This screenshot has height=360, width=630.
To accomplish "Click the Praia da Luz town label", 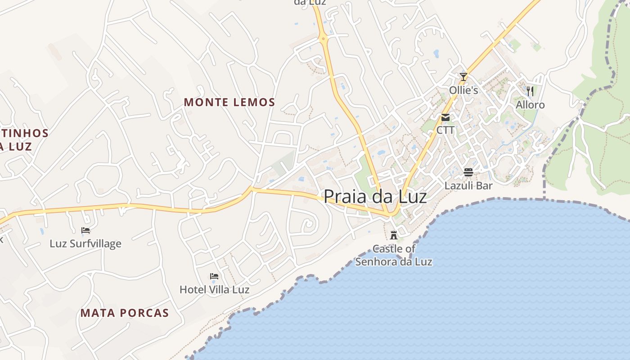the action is click(375, 196).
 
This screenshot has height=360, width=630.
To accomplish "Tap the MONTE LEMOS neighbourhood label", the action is click(229, 103).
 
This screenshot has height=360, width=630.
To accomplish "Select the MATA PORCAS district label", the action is click(125, 313).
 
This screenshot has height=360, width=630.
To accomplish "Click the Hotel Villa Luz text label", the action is click(214, 289).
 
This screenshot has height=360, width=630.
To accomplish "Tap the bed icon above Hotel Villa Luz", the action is click(214, 276).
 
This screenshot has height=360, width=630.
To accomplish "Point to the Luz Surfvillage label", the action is click(85, 244).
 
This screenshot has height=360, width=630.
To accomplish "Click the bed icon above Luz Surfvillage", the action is click(85, 230).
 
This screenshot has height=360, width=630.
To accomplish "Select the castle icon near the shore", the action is click(394, 235).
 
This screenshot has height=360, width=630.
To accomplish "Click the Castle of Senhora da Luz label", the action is click(394, 255).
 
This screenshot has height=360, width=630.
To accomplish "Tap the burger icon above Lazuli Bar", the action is click(468, 172).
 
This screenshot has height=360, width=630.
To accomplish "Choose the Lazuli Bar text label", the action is click(468, 185).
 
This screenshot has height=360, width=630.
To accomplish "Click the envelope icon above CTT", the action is click(445, 117).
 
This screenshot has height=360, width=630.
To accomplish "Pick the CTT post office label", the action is click(445, 130).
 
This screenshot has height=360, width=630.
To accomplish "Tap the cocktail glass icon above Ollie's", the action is click(463, 77).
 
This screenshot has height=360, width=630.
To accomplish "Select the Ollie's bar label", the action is click(463, 90).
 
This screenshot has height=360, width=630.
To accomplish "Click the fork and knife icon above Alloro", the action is click(530, 91).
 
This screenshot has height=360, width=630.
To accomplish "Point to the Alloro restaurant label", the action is click(530, 105).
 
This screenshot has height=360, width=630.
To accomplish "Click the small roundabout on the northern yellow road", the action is click(324, 39).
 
